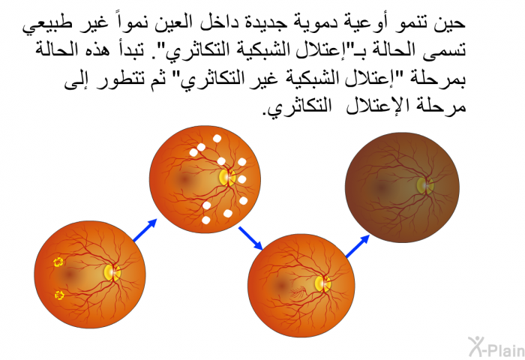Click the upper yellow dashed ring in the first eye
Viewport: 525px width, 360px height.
58,262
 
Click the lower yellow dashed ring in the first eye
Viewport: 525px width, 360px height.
59,295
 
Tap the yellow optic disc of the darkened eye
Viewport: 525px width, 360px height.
424,185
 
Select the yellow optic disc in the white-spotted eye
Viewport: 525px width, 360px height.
228,177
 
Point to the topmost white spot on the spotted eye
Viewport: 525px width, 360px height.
217,138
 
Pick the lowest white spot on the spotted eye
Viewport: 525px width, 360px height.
206,220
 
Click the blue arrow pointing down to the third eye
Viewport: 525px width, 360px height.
250,238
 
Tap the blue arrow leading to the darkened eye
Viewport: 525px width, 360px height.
358,247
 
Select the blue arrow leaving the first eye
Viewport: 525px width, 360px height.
145,230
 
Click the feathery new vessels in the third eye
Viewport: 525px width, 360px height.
298,293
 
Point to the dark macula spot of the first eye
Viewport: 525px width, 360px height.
69,274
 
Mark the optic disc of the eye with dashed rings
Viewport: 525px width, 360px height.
112,272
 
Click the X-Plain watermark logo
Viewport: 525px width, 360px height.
496,346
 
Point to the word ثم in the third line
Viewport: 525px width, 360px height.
158,81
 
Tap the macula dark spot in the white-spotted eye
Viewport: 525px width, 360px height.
184,179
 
